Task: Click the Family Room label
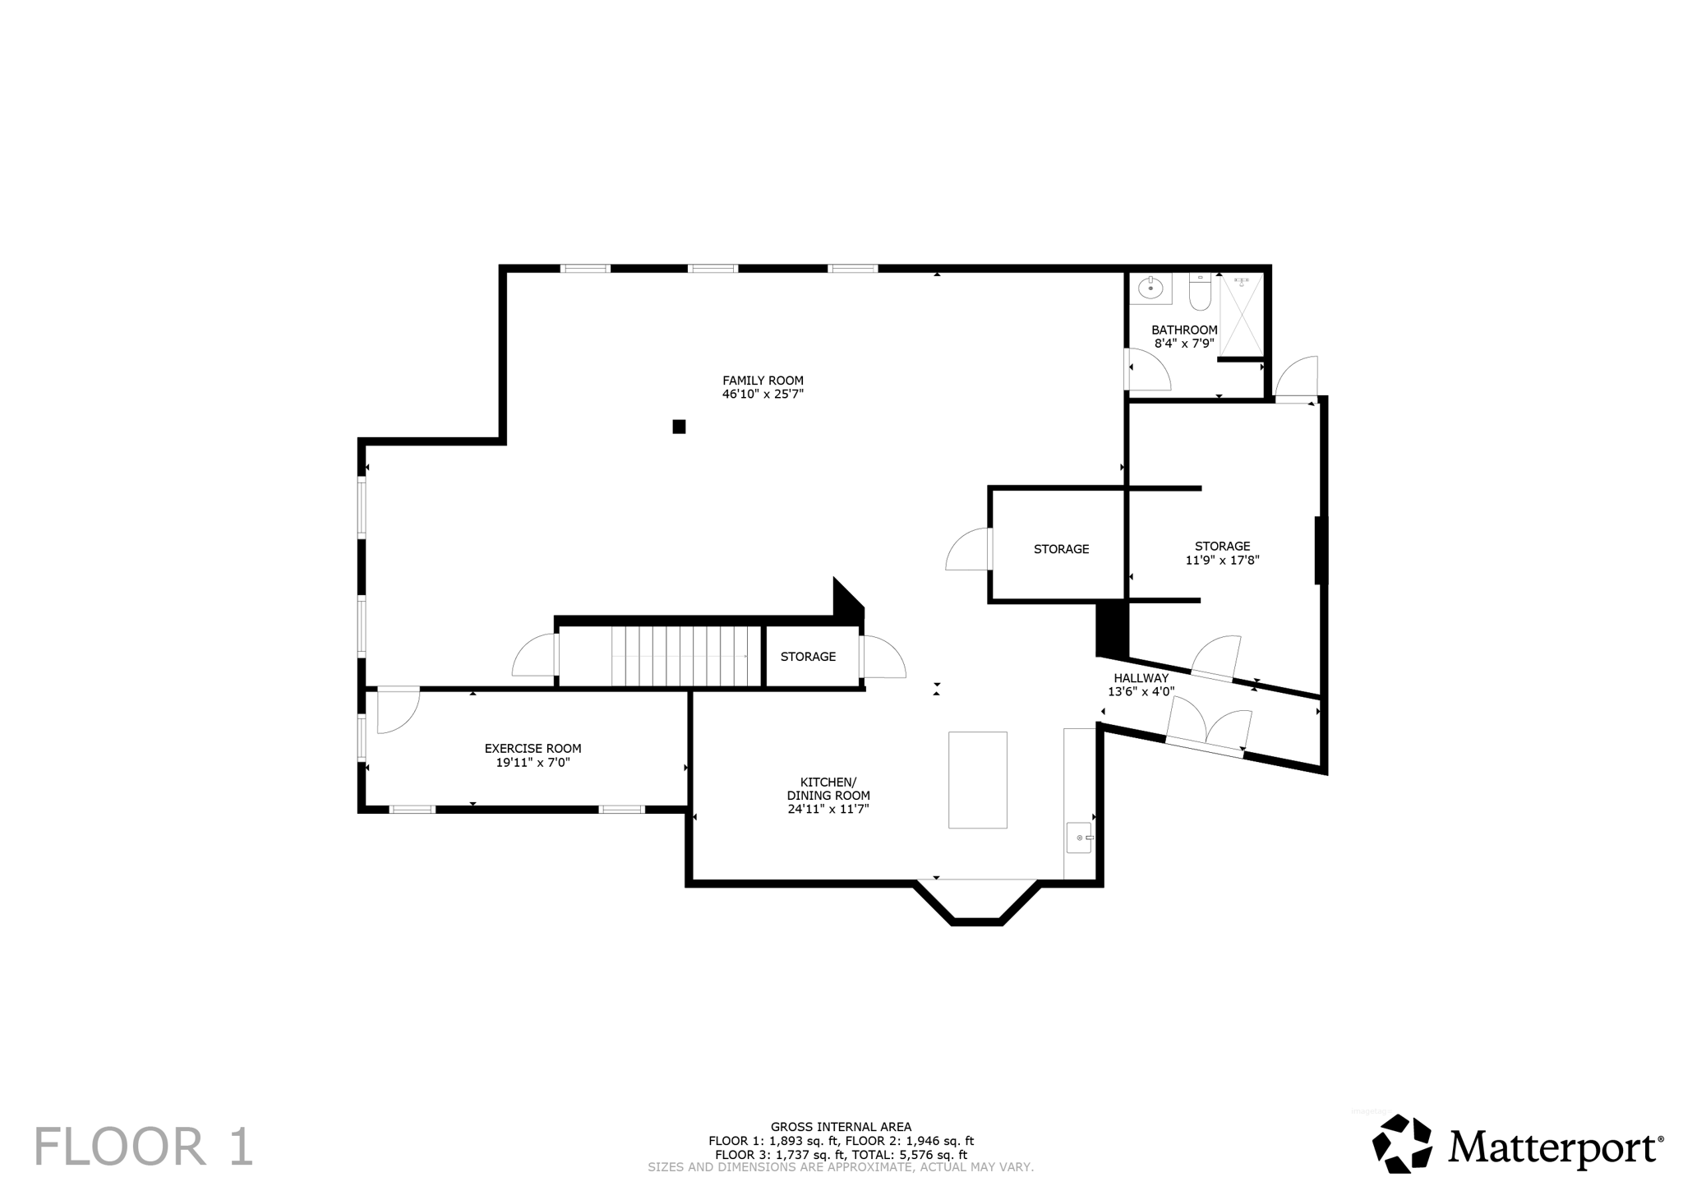coord(763,381)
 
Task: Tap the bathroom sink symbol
coord(1150,289)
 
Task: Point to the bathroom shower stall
coord(1241,316)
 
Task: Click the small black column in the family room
coord(679,427)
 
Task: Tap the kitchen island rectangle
coord(977,779)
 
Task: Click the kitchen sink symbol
coord(1079,838)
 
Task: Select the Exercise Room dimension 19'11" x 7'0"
coord(533,763)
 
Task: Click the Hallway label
coord(1141,678)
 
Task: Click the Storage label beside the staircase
coord(808,657)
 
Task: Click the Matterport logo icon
coord(1402,1143)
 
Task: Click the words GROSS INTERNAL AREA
coord(841,1127)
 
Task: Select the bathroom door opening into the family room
coord(1147,370)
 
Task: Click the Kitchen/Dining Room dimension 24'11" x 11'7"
coord(828,810)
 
